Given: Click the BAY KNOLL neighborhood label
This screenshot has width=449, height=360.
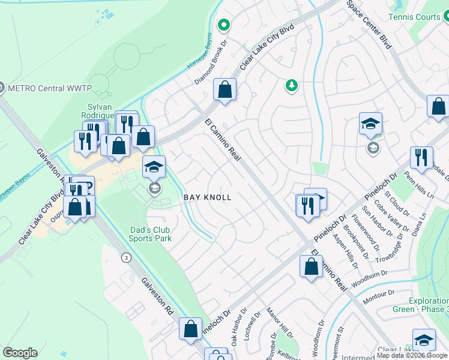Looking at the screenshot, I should point(207,197).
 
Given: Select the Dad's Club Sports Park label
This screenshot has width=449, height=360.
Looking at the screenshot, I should point(150,234).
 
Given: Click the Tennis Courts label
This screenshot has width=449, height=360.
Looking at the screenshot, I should point(415,17).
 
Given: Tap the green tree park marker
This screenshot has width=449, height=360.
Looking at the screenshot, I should point(292,86).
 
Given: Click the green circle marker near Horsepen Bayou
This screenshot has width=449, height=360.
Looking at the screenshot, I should point(224,25).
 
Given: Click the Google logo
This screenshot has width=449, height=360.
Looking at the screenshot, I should point(20,353).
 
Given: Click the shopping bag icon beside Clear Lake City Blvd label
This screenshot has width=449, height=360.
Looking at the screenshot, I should point(224,91).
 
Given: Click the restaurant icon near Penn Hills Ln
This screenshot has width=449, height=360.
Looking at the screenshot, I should point(421,158).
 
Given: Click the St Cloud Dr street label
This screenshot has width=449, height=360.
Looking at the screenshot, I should point(397,204).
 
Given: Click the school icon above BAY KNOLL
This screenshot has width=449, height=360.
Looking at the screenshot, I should point(154,167).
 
